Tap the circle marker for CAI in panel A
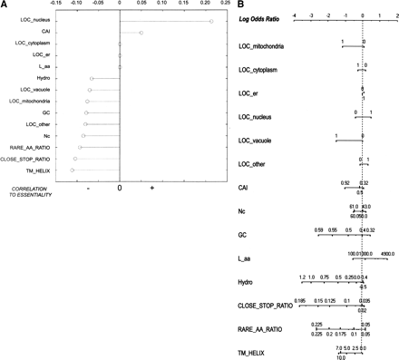tap(141, 33)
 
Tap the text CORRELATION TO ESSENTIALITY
tap(31, 190)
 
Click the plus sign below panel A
tap(151, 188)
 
